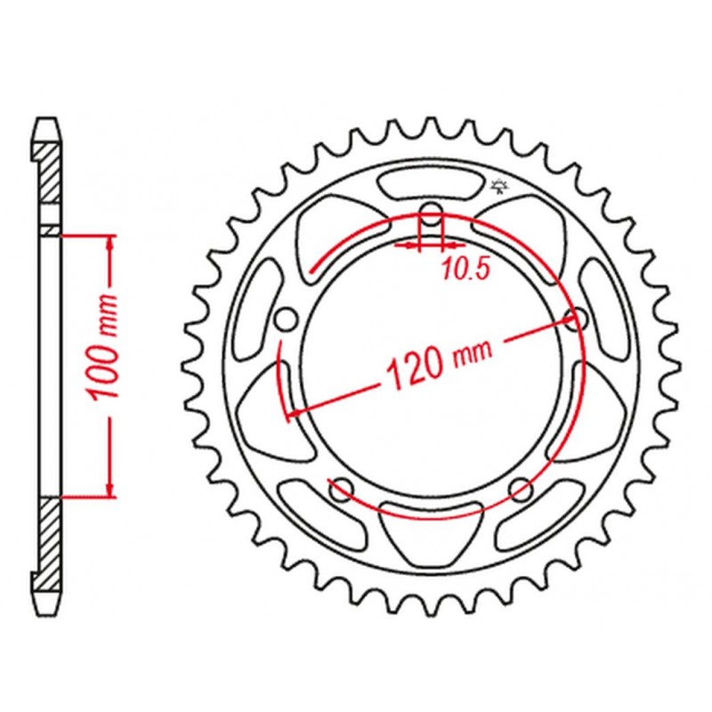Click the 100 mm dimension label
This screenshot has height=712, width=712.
103,347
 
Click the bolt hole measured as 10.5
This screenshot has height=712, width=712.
431,217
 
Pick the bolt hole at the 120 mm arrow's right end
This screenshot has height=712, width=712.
574,320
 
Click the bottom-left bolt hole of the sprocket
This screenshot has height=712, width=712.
342,489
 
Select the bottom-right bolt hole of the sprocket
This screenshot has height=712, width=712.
520,489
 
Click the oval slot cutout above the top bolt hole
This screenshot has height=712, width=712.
431,182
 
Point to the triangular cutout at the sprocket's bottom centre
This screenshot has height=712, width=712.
431,531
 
